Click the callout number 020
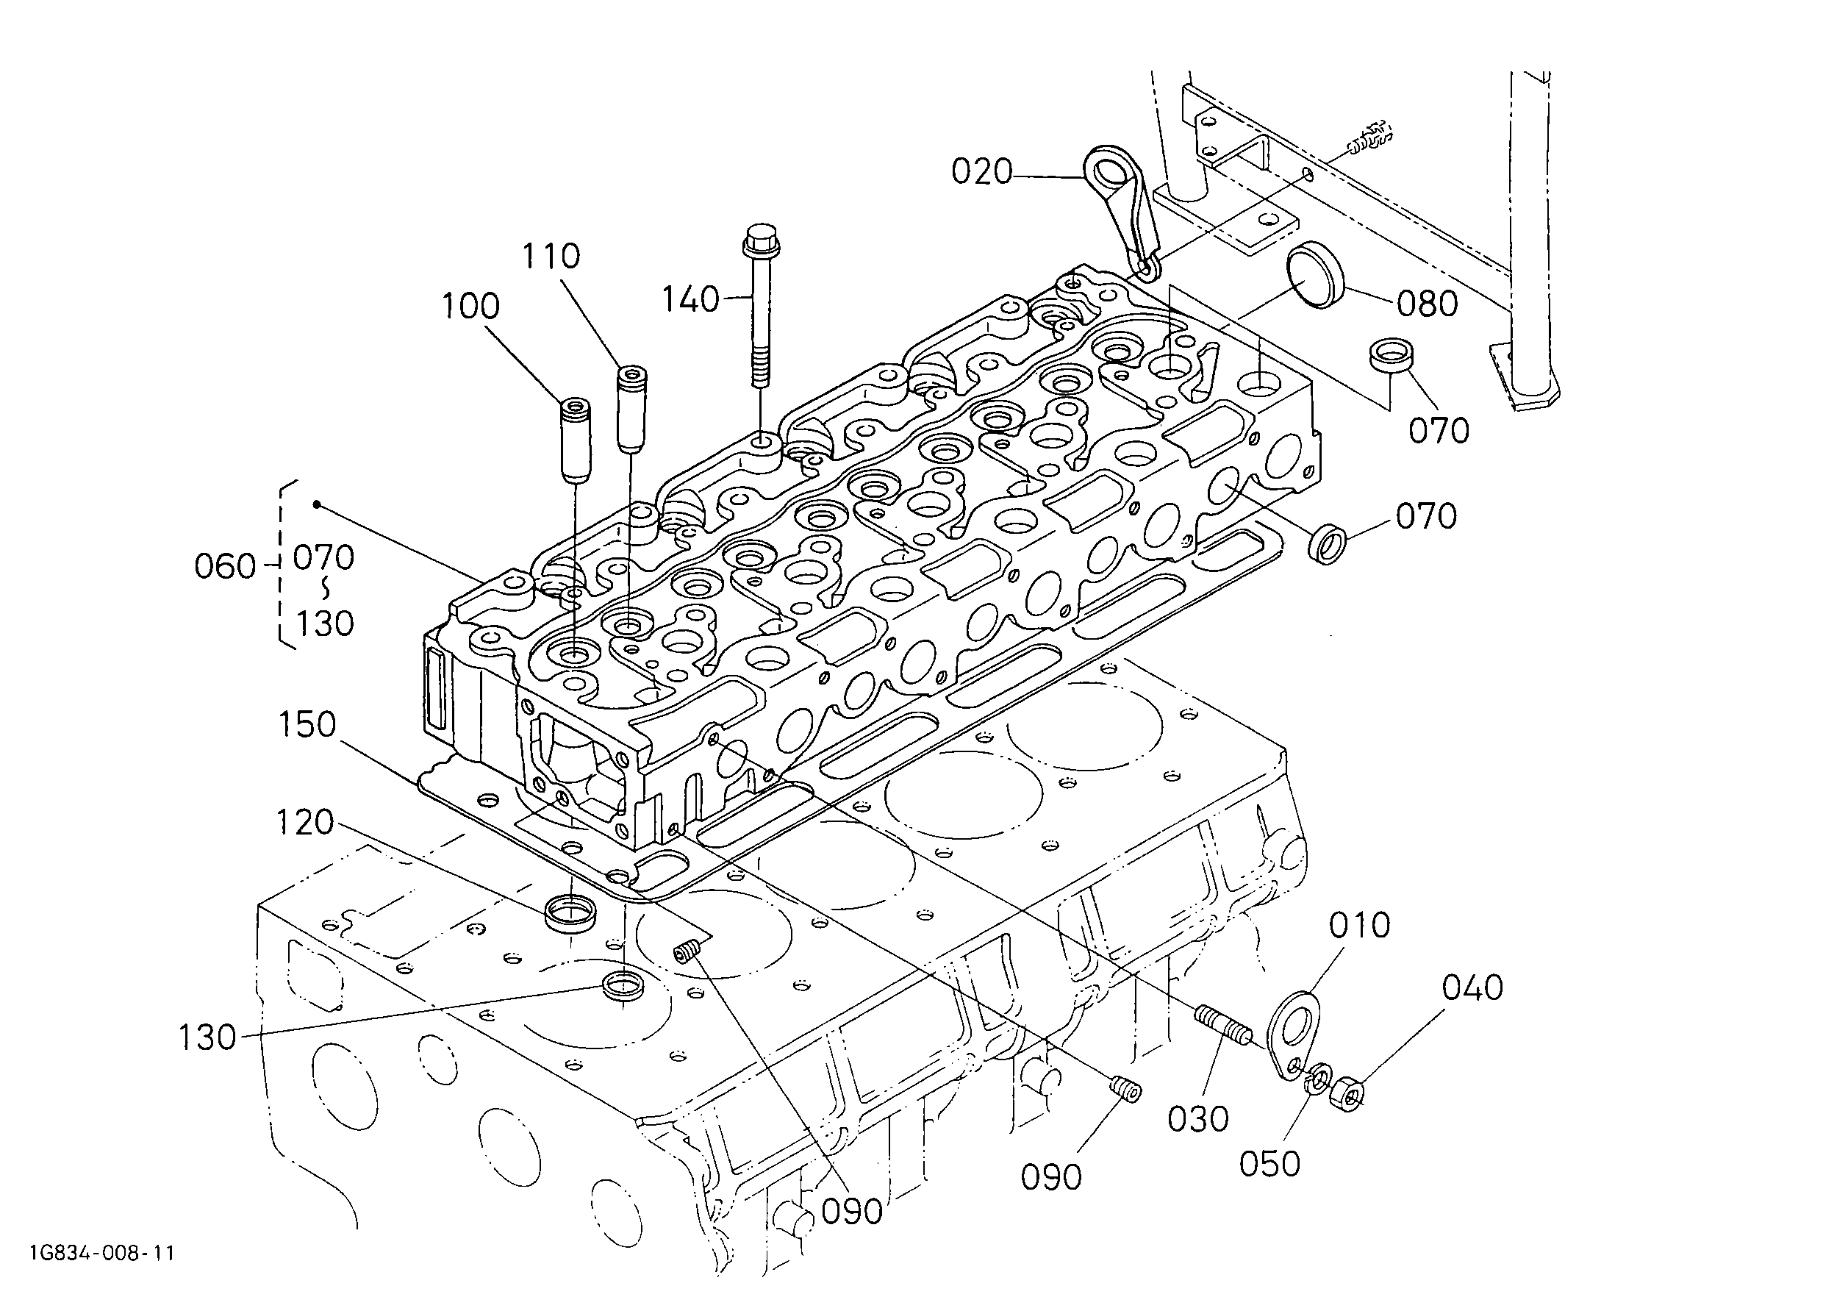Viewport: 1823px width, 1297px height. coord(981,172)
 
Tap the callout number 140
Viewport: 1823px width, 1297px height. coord(691,299)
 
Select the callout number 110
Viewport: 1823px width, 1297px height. coord(551,257)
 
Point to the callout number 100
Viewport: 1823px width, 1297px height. coord(471,306)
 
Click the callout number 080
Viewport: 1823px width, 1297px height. coord(1427,304)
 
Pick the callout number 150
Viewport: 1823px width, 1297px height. coord(307,725)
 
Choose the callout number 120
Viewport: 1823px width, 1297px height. coord(305,823)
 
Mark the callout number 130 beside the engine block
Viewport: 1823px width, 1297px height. coord(207,1038)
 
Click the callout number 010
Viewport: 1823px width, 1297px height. coord(1360,926)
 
